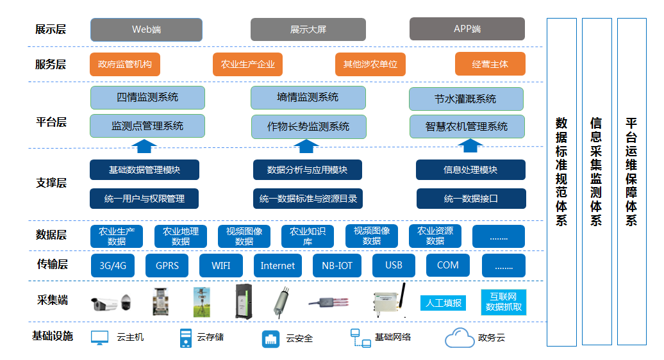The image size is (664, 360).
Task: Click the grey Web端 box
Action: [x=146, y=29]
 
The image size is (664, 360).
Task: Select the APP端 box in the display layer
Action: [x=467, y=29]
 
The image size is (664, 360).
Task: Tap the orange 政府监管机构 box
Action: [x=125, y=64]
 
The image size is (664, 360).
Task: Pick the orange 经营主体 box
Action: [x=490, y=64]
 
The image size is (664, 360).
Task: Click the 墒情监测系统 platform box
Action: [x=308, y=97]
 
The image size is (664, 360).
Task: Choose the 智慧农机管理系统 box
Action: [x=467, y=126]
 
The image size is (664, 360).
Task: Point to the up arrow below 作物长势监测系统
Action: [x=306, y=146]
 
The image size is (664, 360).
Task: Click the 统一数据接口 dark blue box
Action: [x=471, y=199]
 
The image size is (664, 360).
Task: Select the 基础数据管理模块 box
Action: [x=144, y=170]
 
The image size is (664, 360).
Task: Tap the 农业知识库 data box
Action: [x=308, y=236]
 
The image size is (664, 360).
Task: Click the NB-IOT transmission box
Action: [x=337, y=266]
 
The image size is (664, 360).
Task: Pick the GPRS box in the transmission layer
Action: [x=167, y=266]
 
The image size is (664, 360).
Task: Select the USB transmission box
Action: [x=394, y=265]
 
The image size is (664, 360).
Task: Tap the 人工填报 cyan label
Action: [x=443, y=303]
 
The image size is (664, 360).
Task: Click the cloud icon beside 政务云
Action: [x=459, y=338]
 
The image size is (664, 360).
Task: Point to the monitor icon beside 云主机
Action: [x=99, y=338]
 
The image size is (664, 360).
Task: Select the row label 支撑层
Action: [x=51, y=183]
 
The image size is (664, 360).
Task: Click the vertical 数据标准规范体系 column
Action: [x=561, y=182]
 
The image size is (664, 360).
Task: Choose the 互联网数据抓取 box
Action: [x=504, y=302]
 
